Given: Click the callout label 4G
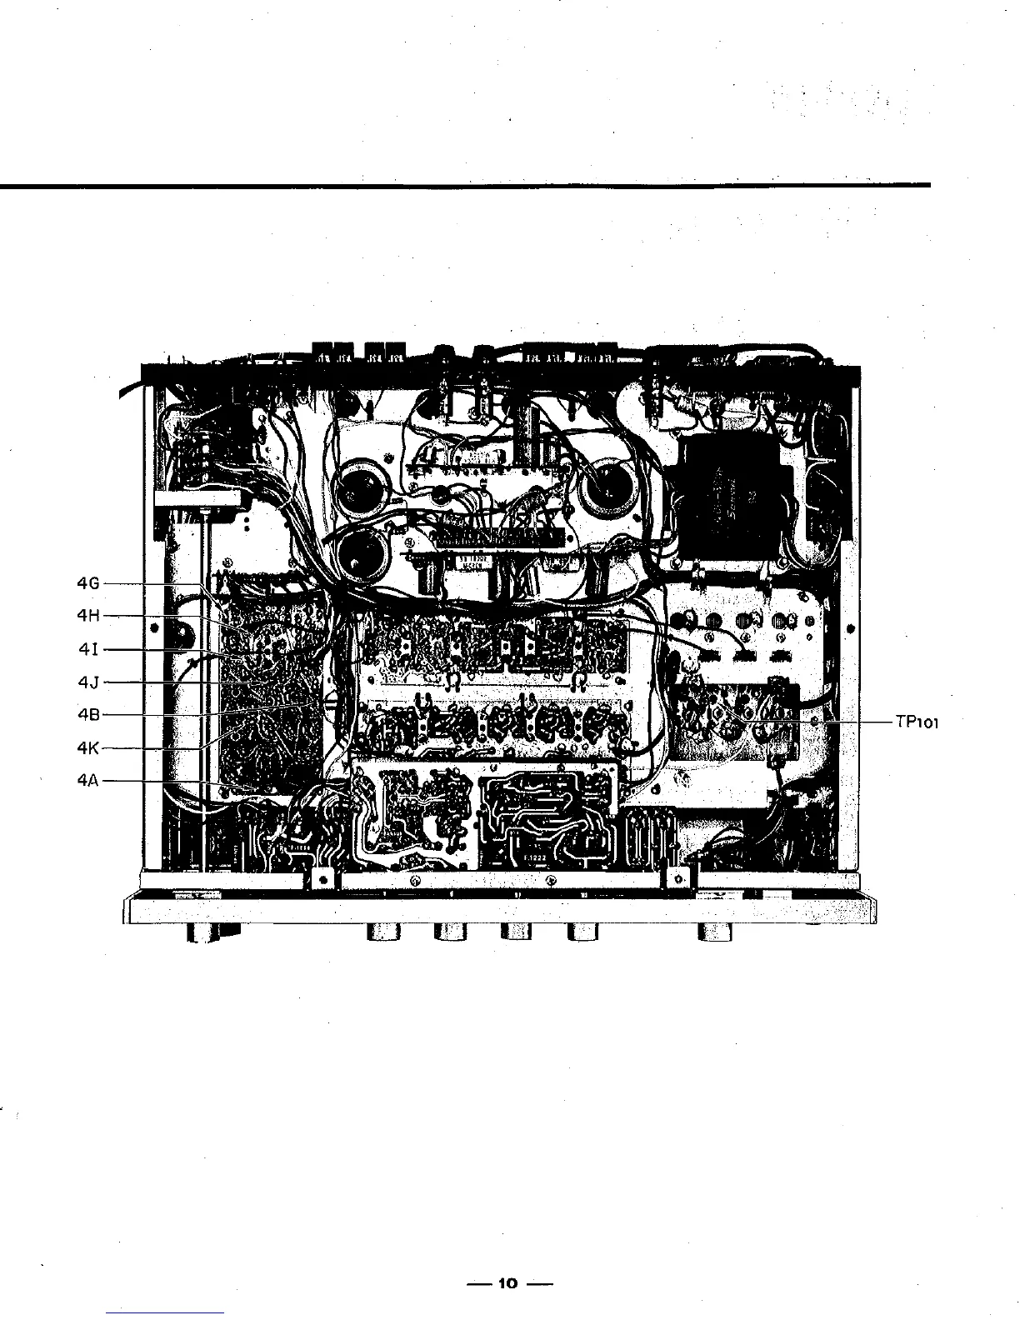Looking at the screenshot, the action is (x=87, y=583).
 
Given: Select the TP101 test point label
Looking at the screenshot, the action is (x=917, y=722).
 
